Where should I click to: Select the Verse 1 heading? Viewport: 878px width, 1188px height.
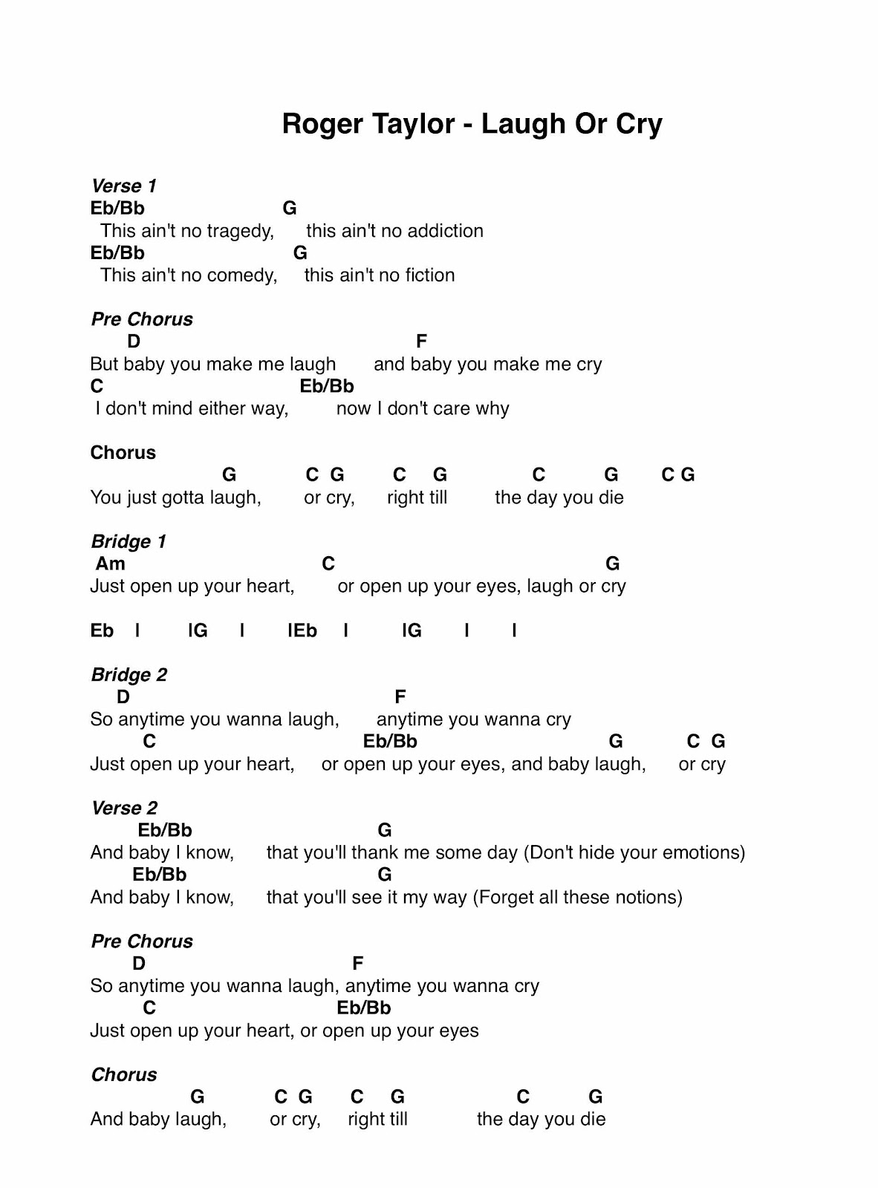tap(123, 186)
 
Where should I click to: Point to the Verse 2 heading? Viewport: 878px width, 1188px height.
tap(124, 808)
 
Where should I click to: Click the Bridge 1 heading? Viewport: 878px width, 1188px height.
tap(128, 541)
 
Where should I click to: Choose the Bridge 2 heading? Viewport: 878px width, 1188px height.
tap(129, 675)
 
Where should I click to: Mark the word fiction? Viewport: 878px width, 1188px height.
tap(429, 275)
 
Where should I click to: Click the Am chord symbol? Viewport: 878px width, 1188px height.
tap(110, 564)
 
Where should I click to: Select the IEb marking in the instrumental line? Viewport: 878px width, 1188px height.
tap(302, 630)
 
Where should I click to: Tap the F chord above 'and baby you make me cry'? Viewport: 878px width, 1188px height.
tap(421, 342)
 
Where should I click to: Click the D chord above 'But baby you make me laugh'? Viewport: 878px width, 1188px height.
tap(134, 342)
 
